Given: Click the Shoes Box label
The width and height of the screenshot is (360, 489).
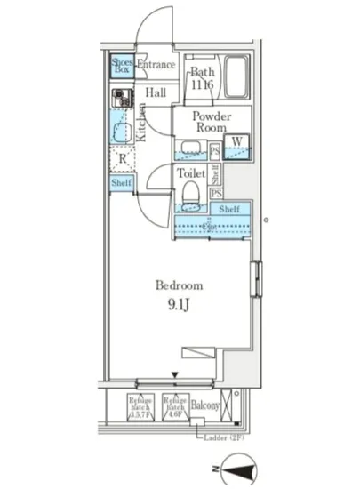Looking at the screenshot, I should [x=121, y=66].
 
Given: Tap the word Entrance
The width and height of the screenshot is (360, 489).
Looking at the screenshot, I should [x=156, y=65].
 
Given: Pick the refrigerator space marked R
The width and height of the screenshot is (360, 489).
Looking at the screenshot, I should [x=121, y=161].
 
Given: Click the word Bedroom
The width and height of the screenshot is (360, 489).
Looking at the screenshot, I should [x=180, y=286].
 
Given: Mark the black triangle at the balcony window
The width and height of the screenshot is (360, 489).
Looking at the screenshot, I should [x=176, y=377].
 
